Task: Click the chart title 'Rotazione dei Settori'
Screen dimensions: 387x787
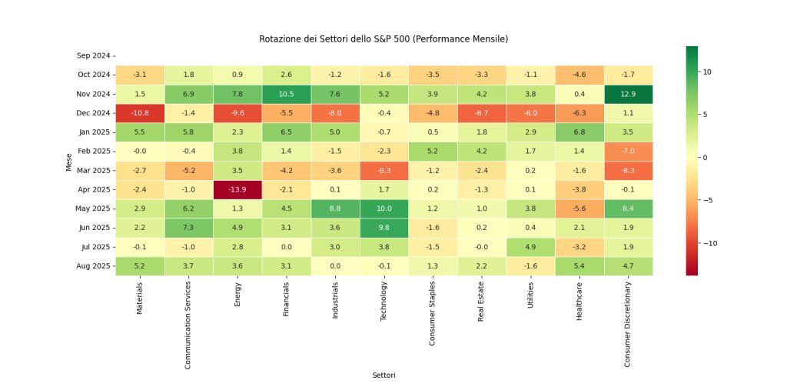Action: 384,38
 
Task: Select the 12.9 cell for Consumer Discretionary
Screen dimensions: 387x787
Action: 627,94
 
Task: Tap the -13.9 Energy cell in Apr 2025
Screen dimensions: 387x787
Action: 237,189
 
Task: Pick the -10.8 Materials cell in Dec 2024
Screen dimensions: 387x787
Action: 139,113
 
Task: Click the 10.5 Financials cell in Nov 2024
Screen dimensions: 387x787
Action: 286,94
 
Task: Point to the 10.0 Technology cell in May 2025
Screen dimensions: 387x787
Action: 384,209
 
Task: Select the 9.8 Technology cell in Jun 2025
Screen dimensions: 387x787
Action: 384,228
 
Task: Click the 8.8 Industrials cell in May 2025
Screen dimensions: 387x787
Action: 334,209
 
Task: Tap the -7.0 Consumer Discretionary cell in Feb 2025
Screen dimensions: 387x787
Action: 627,152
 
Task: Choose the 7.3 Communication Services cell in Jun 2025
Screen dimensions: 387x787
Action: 188,228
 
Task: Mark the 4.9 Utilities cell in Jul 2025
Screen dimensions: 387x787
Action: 530,247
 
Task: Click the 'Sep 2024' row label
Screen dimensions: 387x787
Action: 93,55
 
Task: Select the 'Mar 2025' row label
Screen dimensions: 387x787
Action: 93,171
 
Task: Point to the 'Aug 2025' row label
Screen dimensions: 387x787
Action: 93,266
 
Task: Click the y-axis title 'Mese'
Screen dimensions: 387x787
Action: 68,161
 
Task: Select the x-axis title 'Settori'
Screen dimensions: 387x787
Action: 384,375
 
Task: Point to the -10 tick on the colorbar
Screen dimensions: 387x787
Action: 707,243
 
